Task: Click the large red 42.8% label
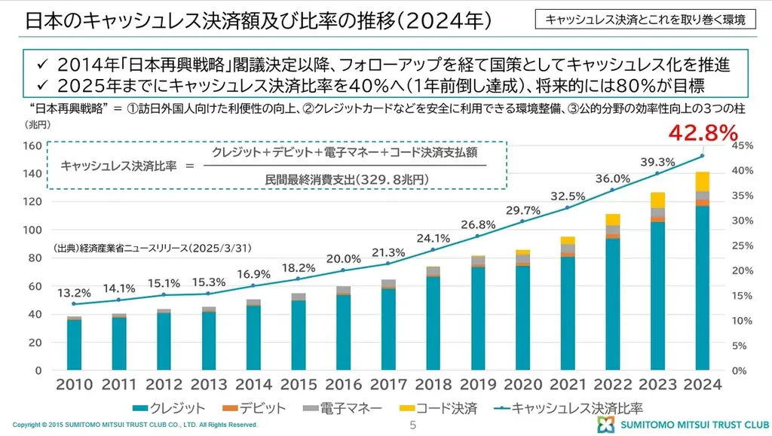point(702,134)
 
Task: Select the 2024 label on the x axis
point(702,385)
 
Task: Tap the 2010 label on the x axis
point(75,385)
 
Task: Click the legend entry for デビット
point(253,408)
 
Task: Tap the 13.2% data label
point(74,292)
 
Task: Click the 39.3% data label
point(657,161)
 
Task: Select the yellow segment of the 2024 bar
point(703,181)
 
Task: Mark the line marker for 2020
point(522,221)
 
